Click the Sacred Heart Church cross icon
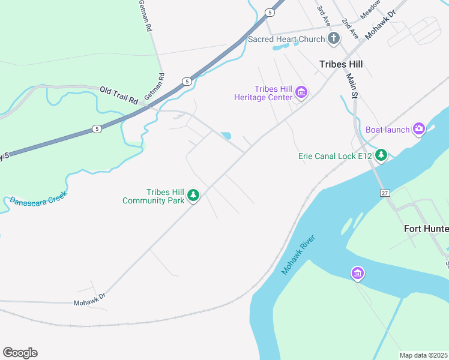[334, 40]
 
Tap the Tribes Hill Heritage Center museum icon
[301, 93]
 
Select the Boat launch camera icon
[418, 128]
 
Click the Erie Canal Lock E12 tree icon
[381, 156]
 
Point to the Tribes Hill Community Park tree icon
[193, 196]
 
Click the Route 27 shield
[384, 193]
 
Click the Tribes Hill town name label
[341, 64]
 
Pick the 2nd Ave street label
[349, 29]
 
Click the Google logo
[20, 353]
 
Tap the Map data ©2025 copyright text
[423, 355]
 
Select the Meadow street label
[370, 8]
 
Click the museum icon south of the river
[357, 274]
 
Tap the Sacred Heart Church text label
[286, 40]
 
